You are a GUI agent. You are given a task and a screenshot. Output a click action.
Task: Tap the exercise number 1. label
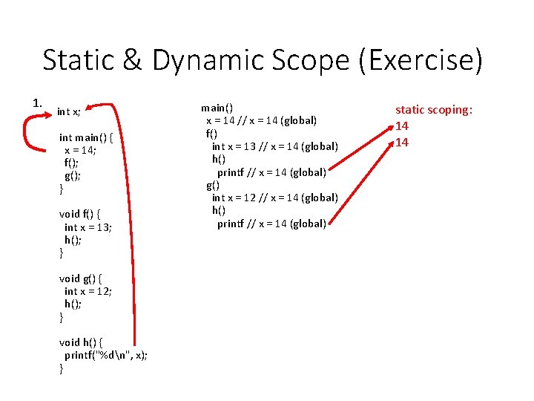tap(38, 102)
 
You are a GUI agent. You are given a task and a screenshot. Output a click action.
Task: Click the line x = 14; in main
tap(79, 149)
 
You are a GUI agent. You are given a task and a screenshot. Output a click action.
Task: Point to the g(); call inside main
tap(72, 175)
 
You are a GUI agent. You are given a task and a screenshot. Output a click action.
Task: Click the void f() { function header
tap(80, 214)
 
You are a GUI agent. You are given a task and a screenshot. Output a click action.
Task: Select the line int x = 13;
tap(88, 227)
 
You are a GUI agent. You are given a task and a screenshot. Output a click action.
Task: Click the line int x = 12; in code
tap(88, 291)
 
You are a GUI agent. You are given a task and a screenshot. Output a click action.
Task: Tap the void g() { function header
tap(80, 278)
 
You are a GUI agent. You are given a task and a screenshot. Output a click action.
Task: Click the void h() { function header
tap(81, 342)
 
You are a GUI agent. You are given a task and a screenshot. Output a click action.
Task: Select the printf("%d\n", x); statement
tap(106, 355)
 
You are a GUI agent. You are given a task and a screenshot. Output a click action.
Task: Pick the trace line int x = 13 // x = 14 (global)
tap(274, 146)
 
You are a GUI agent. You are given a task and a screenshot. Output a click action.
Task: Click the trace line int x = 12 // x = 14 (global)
tap(274, 198)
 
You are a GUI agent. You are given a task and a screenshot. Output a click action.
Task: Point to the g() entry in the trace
tap(213, 185)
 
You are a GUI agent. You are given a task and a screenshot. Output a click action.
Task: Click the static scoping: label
tap(434, 111)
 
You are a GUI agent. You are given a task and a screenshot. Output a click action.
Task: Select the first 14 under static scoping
tap(401, 126)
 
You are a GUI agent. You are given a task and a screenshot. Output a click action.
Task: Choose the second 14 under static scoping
tap(401, 142)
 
